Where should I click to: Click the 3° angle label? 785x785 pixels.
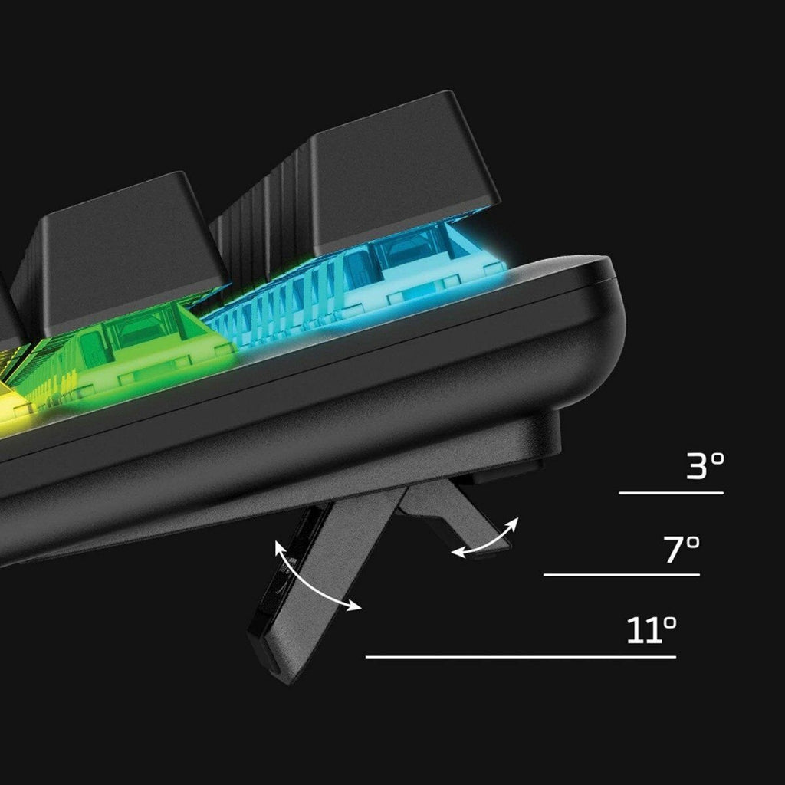(705, 465)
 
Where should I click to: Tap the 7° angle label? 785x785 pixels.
(682, 549)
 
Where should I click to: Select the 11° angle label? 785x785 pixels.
(652, 629)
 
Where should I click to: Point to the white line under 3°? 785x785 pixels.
(671, 493)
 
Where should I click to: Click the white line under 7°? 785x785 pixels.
(621, 575)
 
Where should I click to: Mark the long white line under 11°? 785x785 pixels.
(521, 657)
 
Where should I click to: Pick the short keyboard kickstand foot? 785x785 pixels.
(453, 516)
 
